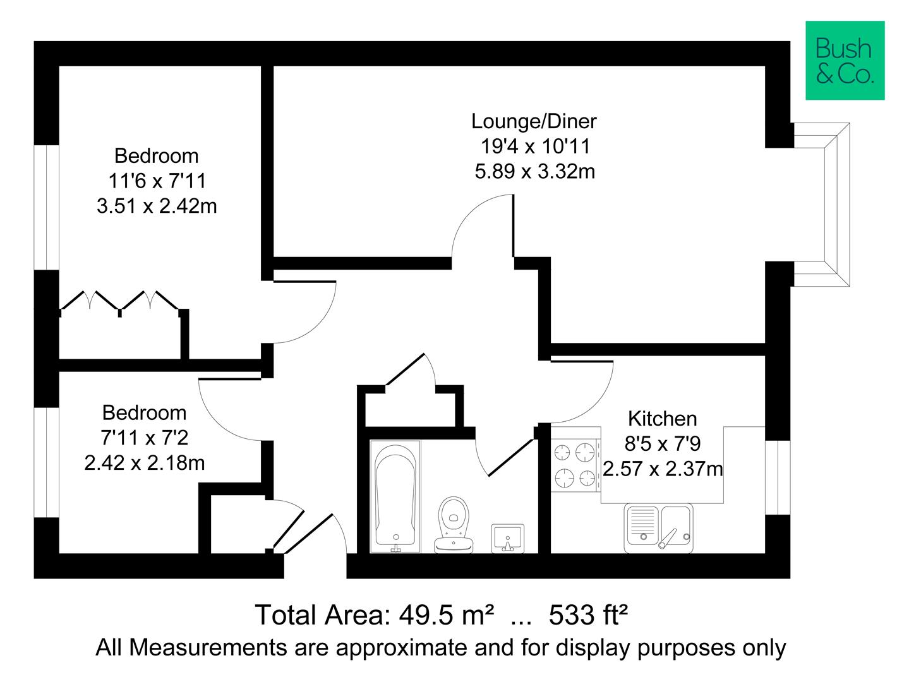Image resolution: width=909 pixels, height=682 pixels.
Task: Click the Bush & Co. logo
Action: [845, 61]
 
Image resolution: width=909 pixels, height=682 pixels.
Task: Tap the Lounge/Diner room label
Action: [534, 121]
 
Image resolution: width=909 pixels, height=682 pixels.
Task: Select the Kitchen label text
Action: [662, 419]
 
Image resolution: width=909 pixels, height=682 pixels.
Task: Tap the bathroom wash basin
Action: [507, 538]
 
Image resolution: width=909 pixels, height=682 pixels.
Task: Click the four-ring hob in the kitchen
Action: [575, 465]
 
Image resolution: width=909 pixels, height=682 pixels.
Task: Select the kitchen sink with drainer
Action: [658, 527]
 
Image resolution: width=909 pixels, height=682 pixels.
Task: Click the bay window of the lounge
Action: [821, 205]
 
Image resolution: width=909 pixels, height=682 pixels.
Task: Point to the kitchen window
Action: [778, 477]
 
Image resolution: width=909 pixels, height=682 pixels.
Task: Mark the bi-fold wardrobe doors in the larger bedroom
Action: [120, 301]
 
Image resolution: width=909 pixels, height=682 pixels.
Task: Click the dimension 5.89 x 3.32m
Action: [534, 171]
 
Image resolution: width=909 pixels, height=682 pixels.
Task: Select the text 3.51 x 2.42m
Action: [157, 206]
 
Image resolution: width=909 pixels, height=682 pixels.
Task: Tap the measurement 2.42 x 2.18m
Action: [145, 463]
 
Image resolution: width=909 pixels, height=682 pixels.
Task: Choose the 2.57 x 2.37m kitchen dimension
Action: [663, 469]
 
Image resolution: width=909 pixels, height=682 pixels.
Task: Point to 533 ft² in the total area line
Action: [588, 614]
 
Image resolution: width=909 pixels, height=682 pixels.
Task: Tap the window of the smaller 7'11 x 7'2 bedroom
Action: [46, 462]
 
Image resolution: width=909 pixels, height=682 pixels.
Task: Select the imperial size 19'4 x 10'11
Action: [534, 146]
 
